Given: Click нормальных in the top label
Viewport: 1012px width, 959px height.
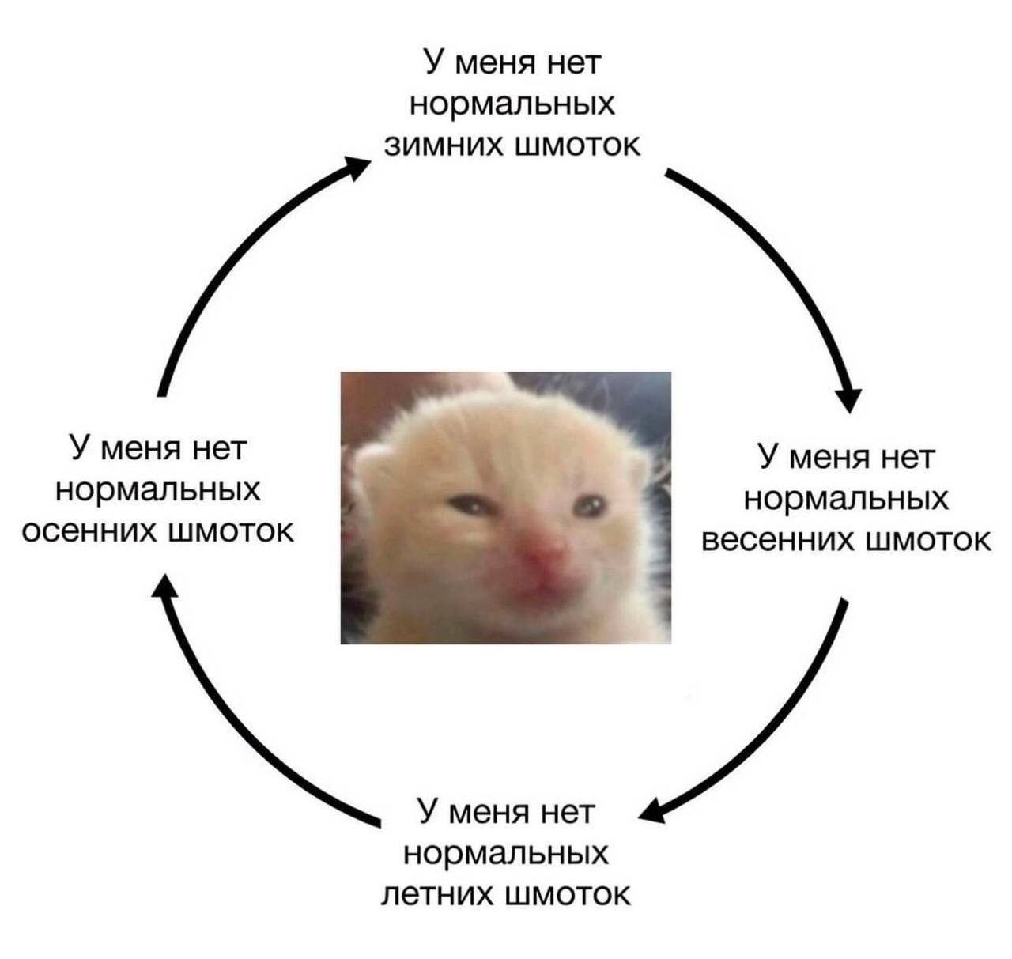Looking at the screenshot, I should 513,104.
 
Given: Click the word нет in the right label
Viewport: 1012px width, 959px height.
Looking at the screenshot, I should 907,457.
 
